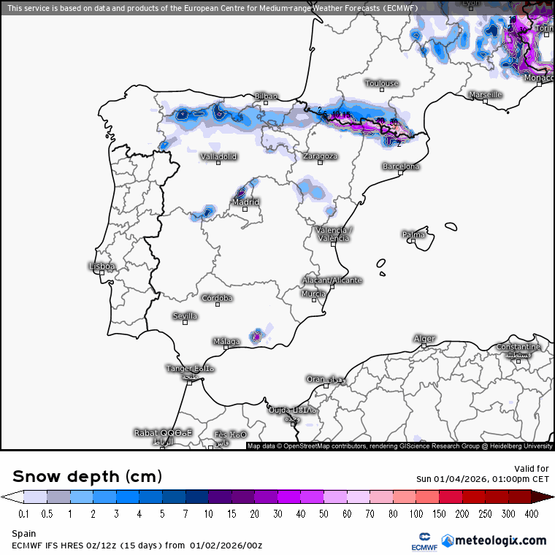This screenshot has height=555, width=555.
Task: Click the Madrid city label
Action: click(246, 202)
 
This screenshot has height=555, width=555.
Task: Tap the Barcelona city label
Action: click(401, 166)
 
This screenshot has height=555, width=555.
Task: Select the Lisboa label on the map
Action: click(102, 267)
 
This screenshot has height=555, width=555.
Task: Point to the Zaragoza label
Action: click(320, 156)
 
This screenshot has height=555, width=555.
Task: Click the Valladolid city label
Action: click(219, 156)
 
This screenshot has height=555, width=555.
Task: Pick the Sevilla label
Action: click(185, 316)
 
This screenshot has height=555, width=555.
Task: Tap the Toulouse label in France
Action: click(382, 83)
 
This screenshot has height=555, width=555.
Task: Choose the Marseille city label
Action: click(486, 95)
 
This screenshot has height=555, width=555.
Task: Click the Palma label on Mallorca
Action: click(413, 234)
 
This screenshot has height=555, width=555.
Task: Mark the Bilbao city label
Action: click(266, 96)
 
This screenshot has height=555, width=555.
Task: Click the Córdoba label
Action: click(217, 298)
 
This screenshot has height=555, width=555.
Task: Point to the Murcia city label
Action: click(314, 294)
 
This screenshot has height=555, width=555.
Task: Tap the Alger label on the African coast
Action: click(424, 339)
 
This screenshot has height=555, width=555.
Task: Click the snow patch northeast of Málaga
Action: click(256, 336)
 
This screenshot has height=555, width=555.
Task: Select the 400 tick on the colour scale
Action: click(532, 514)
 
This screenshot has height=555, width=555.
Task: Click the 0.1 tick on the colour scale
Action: click(23, 514)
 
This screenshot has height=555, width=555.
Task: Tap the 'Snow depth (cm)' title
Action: click(87, 477)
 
